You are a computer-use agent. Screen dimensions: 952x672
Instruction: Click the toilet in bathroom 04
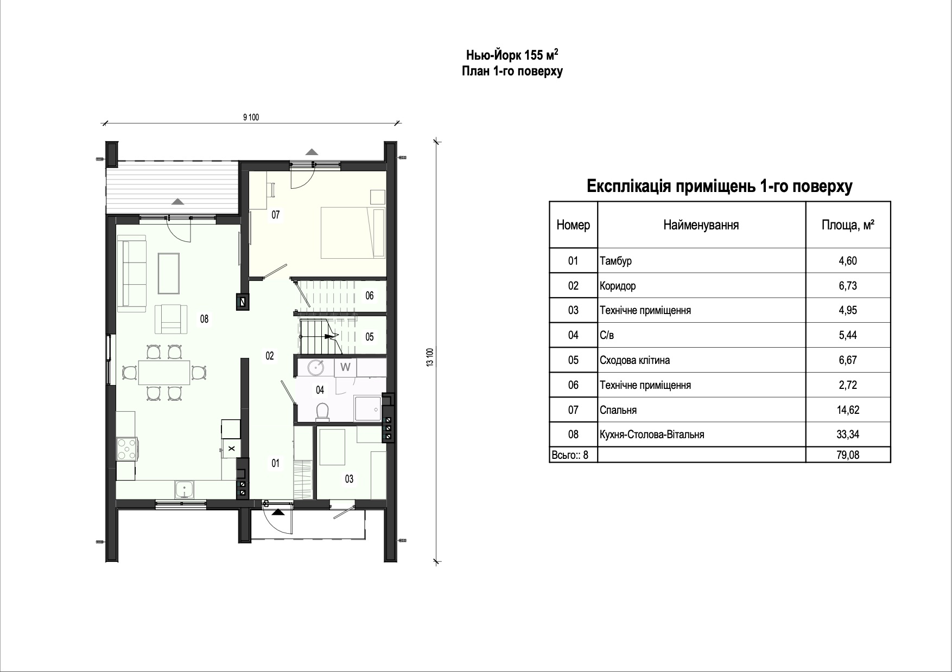[x=322, y=412]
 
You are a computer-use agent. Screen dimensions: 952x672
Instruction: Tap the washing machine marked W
[x=345, y=367]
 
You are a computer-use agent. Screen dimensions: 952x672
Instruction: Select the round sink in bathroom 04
[x=316, y=367]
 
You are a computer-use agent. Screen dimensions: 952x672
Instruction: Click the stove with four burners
[x=128, y=449]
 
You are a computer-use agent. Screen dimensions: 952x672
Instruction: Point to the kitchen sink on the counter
[x=186, y=490]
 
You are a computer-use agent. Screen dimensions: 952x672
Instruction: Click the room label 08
[x=204, y=319]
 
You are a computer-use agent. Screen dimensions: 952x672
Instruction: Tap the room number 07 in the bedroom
[x=276, y=215]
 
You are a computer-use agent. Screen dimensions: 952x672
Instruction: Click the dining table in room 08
[x=164, y=373]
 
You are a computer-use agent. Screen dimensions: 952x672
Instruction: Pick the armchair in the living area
[x=171, y=319]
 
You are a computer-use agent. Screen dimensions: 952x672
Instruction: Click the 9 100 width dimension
[x=251, y=117]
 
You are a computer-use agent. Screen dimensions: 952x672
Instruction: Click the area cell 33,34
[x=848, y=434]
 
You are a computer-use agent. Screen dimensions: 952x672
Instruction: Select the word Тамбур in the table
[x=615, y=261]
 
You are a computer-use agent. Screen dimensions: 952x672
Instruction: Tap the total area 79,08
[x=848, y=455]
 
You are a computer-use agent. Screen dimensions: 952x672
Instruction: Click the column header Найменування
[x=701, y=225]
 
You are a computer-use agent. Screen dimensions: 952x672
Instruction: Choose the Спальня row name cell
[x=701, y=410]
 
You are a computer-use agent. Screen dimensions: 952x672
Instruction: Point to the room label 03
[x=349, y=479]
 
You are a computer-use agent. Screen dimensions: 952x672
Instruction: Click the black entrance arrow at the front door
[x=277, y=513]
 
